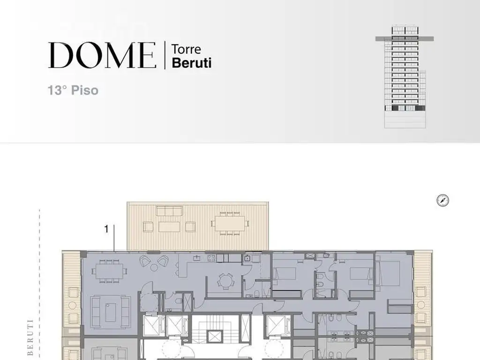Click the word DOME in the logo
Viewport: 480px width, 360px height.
(102, 55)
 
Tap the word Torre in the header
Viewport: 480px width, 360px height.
(186, 49)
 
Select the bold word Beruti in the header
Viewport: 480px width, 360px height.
(192, 63)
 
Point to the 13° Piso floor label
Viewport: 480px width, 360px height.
(73, 90)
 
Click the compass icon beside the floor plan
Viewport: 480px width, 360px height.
(442, 201)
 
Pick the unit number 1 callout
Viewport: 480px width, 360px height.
(106, 229)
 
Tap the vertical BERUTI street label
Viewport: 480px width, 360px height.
(30, 337)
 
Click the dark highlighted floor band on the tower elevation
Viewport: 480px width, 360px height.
(405, 38)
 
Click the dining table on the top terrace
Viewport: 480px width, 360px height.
(230, 224)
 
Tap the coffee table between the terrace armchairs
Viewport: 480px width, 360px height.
(169, 226)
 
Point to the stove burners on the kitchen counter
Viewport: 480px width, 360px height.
(211, 258)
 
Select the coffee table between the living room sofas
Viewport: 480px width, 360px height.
(111, 312)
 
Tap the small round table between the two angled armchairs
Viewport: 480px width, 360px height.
(154, 268)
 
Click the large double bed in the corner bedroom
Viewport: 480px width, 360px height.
(388, 273)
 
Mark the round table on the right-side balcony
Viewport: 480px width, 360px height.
(421, 305)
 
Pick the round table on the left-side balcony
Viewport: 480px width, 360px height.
(73, 305)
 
